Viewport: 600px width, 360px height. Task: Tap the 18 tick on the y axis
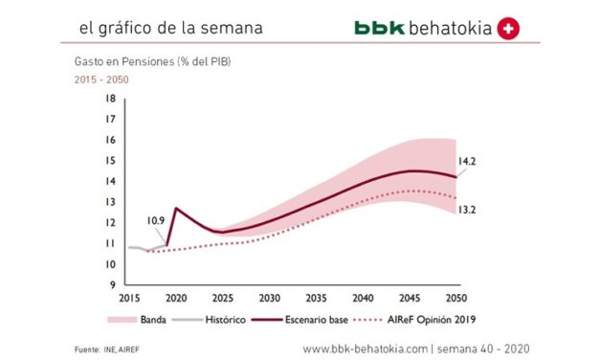(x=110, y=99)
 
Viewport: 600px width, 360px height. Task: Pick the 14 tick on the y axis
(x=110, y=181)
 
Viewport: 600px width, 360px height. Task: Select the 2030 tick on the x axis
(x=270, y=297)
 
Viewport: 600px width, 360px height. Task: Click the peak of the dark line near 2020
(x=175, y=208)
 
